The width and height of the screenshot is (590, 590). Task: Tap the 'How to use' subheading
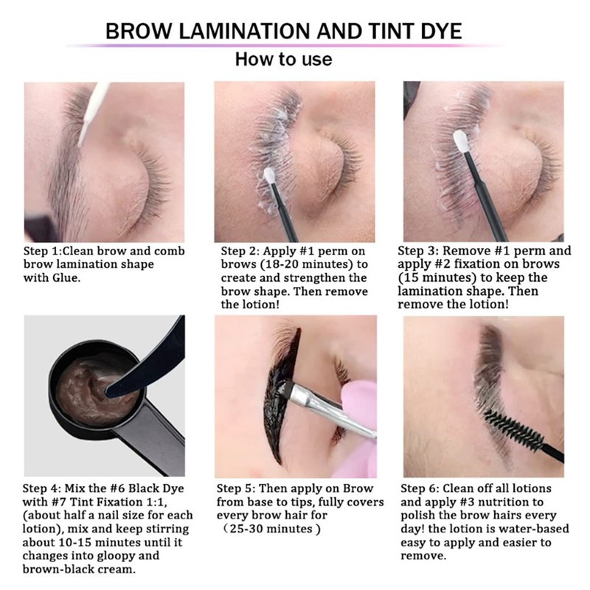coord(283,60)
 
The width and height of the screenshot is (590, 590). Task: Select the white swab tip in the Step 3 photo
coord(462,139)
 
